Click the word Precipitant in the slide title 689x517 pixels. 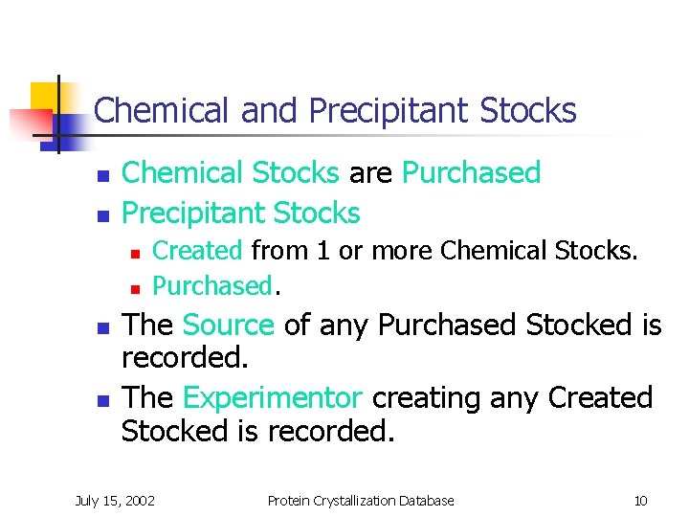point(390,111)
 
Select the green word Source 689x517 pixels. point(228,326)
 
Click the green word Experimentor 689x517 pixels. point(272,397)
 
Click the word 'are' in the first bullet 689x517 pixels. point(370,173)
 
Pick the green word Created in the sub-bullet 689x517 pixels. point(197,251)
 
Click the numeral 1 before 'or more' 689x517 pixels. point(322,251)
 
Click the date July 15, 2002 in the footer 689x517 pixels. point(116,500)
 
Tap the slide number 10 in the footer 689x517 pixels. point(640,500)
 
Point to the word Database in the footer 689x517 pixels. point(425,500)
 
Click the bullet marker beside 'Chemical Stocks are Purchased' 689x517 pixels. point(98,176)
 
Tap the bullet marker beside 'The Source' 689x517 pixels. point(98,327)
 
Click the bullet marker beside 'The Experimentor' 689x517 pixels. point(98,399)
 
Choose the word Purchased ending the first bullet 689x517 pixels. point(471,173)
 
